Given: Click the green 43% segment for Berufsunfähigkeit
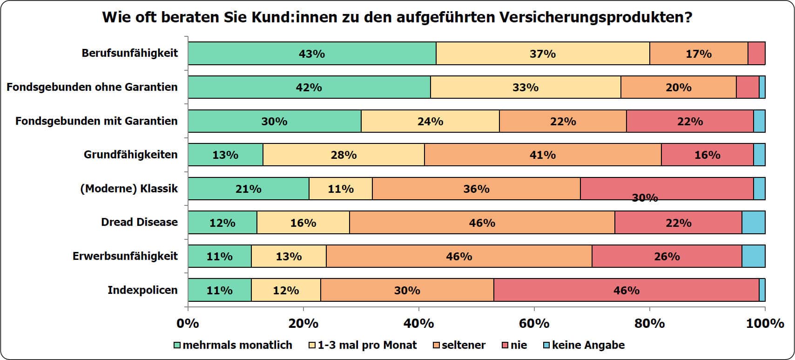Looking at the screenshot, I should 312,54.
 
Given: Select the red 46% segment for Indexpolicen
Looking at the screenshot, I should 626,290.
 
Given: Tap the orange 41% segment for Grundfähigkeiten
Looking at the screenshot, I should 543,155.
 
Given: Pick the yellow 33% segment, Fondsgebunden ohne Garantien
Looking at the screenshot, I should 526,87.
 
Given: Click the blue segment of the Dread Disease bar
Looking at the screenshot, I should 753,222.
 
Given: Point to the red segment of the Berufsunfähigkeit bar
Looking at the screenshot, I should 756,54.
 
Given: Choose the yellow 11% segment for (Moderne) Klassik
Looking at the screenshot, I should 341,189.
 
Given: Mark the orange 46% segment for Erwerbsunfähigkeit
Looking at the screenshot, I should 459,256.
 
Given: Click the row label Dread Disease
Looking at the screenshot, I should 139,222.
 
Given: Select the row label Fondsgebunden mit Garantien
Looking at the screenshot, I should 96,121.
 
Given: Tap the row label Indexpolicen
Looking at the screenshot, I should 142,290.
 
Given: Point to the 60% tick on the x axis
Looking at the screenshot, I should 534,308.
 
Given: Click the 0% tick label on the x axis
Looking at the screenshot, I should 188,323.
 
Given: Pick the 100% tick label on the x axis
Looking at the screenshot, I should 765,323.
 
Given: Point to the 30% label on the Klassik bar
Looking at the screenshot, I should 645,198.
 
